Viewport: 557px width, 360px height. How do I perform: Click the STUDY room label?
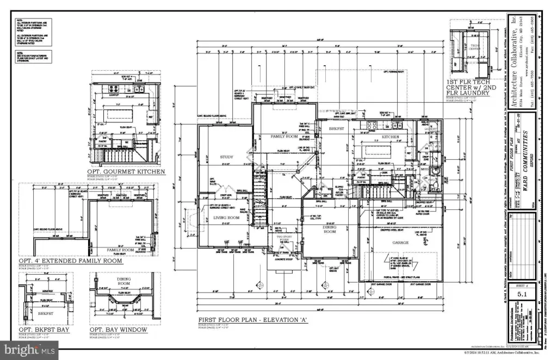226,158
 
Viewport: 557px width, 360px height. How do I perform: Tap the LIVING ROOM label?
226,218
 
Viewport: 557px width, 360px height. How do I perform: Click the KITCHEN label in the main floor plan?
390,136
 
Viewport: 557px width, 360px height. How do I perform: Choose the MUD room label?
424,170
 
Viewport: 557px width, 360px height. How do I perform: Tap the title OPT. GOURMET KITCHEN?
126,171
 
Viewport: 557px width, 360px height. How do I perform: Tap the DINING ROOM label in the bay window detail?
125,283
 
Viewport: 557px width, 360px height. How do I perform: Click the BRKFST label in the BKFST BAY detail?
45,313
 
